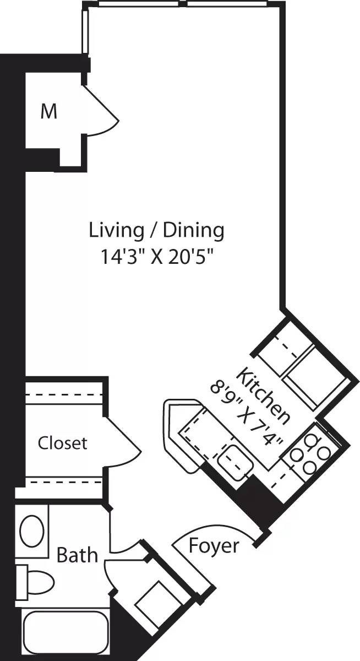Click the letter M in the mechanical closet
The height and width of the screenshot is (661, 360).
49,112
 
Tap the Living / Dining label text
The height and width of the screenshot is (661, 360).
156,230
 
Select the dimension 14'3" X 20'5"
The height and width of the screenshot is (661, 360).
156,258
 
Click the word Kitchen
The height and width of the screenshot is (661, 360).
263,395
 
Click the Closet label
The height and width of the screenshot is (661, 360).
62,443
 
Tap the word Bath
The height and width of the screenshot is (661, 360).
77,555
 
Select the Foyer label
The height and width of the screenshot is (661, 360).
214,546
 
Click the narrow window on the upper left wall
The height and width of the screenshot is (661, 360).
85,30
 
